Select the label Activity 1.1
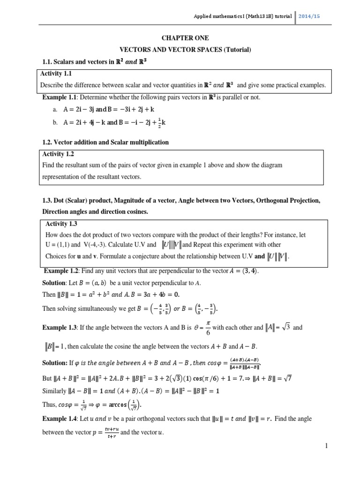point(56,74)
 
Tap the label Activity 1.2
point(58,154)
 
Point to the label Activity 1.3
point(63,224)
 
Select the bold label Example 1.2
point(61,271)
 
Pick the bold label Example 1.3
point(60,328)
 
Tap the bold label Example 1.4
point(60,418)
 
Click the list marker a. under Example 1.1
point(55,109)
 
